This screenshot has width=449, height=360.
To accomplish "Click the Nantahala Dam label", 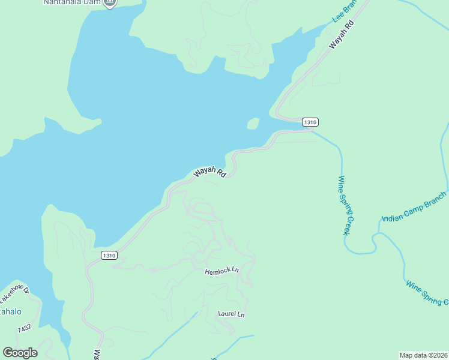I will click(71, 2).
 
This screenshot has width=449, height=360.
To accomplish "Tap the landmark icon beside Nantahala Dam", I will click(109, 3).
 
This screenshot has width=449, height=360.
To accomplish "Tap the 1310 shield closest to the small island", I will click(310, 122).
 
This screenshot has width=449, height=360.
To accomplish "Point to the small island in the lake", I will click(253, 124).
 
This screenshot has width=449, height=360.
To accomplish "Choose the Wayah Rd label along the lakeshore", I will click(209, 172).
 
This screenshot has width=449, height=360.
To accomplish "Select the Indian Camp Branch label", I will click(415, 206).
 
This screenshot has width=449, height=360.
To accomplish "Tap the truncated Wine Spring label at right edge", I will click(427, 293).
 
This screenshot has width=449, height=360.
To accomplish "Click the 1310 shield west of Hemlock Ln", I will click(109, 255).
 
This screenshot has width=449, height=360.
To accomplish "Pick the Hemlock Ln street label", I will click(221, 271).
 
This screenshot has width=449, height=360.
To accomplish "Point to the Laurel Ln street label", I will click(231, 314).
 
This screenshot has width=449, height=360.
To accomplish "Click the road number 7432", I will click(25, 329).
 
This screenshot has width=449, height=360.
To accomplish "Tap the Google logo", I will click(20, 353).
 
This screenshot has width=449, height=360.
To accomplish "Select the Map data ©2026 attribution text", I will click(423, 355).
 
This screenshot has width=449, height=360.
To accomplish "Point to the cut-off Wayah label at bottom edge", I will click(96, 355).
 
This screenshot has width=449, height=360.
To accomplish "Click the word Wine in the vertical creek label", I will click(341, 182).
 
